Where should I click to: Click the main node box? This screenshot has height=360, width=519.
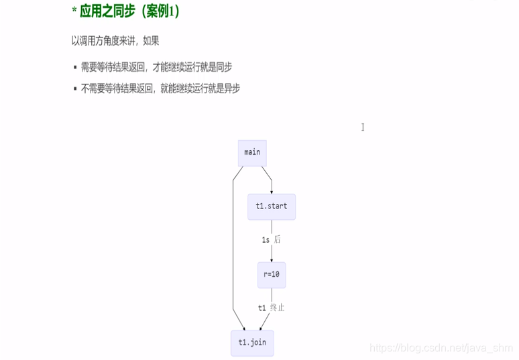(x=252, y=152)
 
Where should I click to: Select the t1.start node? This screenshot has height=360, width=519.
(x=271, y=206)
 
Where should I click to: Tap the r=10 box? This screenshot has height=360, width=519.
(x=271, y=275)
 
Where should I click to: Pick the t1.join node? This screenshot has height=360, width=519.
(x=252, y=343)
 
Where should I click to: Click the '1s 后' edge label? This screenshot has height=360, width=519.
(x=271, y=239)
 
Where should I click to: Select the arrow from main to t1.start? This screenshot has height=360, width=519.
(x=266, y=178)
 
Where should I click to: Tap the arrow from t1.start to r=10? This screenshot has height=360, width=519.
(x=271, y=251)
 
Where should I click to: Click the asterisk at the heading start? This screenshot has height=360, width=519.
(x=74, y=11)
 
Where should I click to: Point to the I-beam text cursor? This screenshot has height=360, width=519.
(x=363, y=127)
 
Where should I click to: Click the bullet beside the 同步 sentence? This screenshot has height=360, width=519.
(x=75, y=68)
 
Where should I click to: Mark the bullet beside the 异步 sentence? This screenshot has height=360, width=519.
(x=75, y=88)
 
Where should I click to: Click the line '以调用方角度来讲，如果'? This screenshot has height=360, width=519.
(x=115, y=41)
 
